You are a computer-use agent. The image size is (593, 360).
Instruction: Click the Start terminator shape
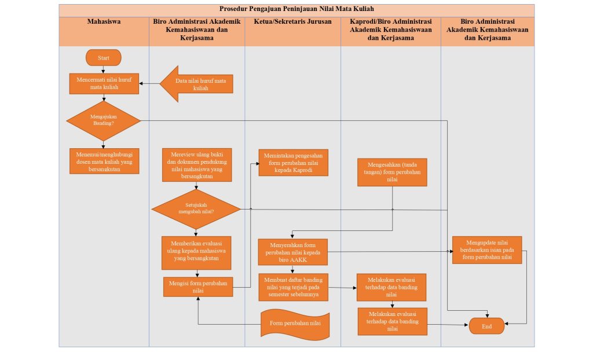[x=104, y=58]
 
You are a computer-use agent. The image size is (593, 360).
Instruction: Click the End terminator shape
[x=486, y=326]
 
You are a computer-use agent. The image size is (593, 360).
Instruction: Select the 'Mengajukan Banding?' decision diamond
[x=104, y=120]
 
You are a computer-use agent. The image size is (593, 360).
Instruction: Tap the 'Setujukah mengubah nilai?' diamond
[x=196, y=208]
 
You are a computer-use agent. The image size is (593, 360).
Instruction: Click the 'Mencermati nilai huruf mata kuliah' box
[x=104, y=84]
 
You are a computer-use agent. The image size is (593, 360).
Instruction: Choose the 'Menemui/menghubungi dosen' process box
[x=104, y=161]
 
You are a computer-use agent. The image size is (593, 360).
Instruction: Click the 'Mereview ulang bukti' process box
[x=197, y=166]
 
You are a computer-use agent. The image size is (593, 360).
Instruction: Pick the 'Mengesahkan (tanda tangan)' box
[x=392, y=171]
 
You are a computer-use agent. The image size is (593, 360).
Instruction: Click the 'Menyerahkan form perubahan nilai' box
[x=293, y=252]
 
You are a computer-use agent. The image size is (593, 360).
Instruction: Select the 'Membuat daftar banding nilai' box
[x=293, y=287]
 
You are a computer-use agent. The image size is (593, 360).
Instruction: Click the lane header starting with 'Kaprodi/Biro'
[x=391, y=30]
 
